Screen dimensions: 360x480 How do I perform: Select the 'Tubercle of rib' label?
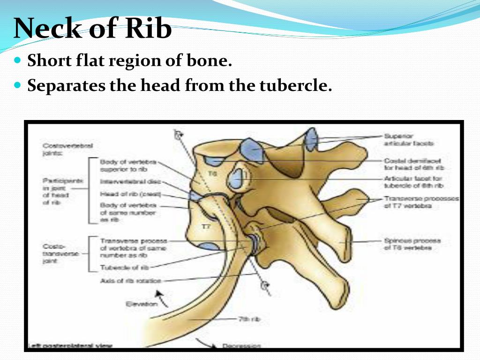(x=124, y=268)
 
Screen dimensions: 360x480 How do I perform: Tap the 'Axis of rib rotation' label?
(x=130, y=281)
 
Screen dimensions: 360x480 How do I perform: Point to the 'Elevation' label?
(x=141, y=304)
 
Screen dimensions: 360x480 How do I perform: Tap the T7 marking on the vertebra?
(x=205, y=227)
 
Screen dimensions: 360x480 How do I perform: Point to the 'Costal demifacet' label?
(x=413, y=164)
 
